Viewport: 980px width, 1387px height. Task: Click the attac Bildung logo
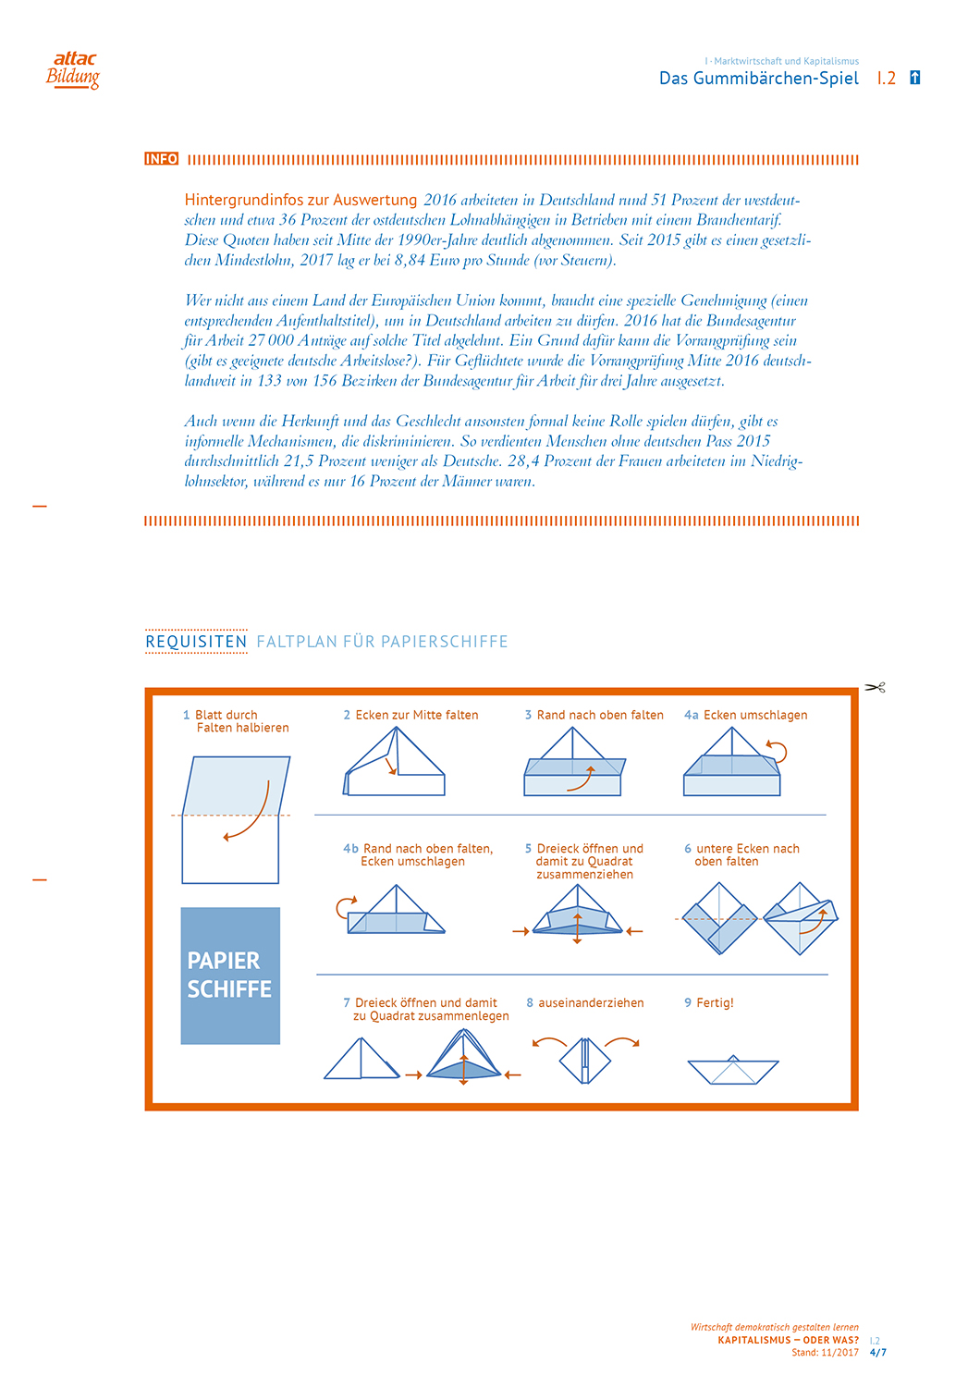click(x=73, y=70)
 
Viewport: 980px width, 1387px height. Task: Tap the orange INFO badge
click(x=161, y=159)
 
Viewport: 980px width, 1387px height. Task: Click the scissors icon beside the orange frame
click(x=875, y=687)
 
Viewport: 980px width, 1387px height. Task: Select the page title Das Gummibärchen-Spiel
click(x=758, y=79)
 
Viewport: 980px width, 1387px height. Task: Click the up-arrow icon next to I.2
click(x=914, y=78)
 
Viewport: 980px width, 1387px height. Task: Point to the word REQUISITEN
click(x=196, y=642)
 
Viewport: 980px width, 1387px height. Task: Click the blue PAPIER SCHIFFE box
click(x=230, y=976)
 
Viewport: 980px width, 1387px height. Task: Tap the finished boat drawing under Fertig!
click(x=733, y=1070)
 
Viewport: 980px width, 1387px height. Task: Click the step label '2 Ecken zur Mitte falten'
click(x=410, y=715)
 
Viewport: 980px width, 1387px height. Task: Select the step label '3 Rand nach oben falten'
click(x=594, y=715)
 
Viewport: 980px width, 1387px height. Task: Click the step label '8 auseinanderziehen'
click(x=584, y=1002)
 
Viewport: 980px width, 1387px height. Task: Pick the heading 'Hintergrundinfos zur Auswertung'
click(x=300, y=200)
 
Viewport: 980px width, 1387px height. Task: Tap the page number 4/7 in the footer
click(x=877, y=1352)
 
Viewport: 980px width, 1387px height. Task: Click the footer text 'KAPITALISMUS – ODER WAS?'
click(x=788, y=1340)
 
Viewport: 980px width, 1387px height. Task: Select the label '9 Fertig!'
click(x=708, y=1002)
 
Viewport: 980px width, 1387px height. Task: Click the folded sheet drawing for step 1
click(x=233, y=819)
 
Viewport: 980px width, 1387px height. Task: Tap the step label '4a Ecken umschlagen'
click(x=745, y=715)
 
